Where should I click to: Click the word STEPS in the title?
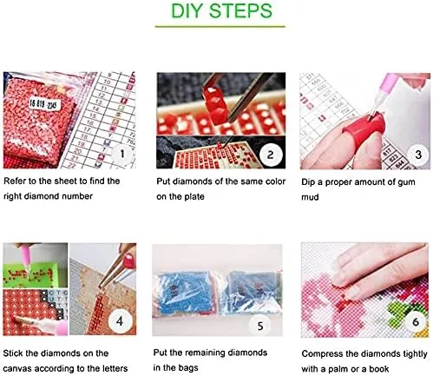[240, 11]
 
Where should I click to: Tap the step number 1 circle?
[122, 154]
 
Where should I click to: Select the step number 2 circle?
[270, 155]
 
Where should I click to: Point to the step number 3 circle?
[418, 155]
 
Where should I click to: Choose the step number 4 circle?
[120, 320]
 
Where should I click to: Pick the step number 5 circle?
[260, 326]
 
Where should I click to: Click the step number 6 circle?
[416, 321]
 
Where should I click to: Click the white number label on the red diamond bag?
[44, 104]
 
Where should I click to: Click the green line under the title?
[220, 27]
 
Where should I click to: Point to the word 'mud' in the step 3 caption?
[310, 197]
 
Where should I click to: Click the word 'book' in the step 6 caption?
[379, 369]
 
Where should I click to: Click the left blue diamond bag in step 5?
[186, 293]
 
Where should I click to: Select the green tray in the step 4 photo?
[32, 275]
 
